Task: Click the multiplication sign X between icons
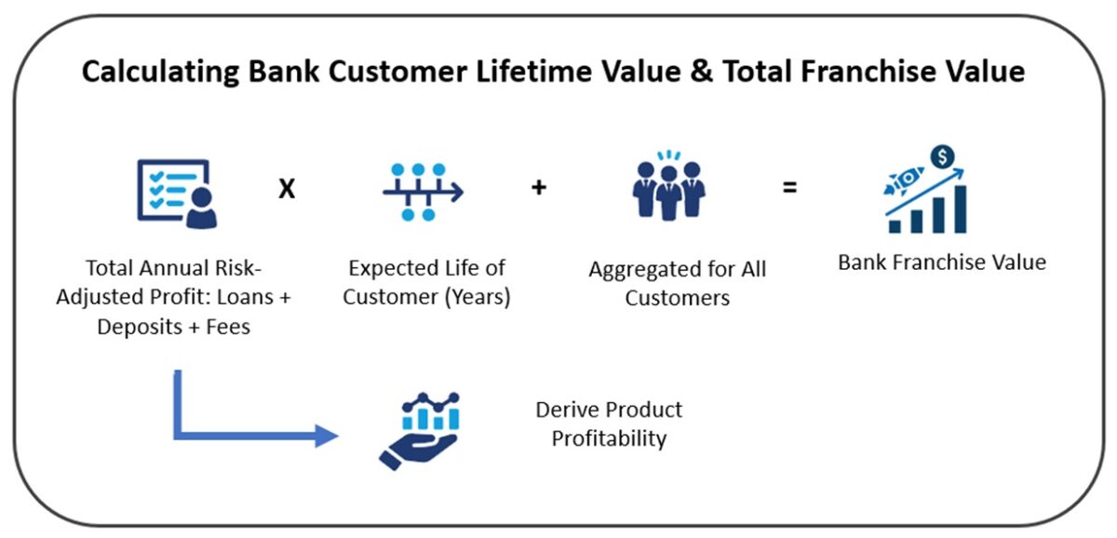(287, 190)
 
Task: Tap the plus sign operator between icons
(539, 188)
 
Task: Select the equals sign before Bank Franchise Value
(789, 188)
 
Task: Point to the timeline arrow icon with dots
(422, 192)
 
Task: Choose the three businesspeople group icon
(668, 186)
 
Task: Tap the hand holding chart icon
(419, 430)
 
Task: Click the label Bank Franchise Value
(941, 262)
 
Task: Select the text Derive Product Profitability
(609, 424)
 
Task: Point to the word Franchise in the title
(908, 72)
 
